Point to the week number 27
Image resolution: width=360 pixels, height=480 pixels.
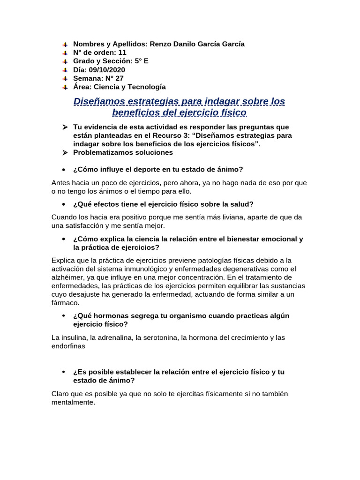(x=120, y=78)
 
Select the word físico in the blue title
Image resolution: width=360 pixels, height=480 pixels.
(x=231, y=113)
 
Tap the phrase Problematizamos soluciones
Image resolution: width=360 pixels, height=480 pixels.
(x=123, y=152)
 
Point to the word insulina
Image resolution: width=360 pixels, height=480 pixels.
(x=72, y=337)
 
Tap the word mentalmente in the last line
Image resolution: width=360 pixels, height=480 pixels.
(x=73, y=402)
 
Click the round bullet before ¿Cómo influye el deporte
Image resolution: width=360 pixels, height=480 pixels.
(x=64, y=170)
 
